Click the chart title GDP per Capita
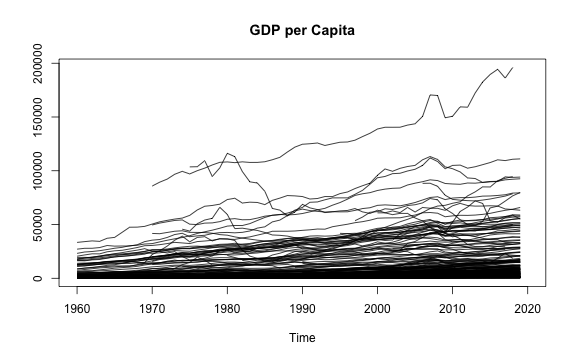point(302,30)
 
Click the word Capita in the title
point(333,30)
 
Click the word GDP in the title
point(265,30)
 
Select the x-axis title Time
point(302,338)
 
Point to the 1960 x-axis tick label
point(77,309)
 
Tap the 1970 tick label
point(152,309)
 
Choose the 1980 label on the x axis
point(227,309)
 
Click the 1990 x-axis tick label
point(302,309)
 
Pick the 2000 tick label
point(377,309)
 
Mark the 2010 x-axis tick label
point(452,309)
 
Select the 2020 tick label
point(528,309)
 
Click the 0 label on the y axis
point(37,278)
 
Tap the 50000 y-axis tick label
point(37,224)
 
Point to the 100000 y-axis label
point(37,171)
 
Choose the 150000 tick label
point(37,117)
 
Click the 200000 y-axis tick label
point(37,64)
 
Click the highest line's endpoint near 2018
point(513,68)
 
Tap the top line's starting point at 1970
point(152,186)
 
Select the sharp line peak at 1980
point(227,153)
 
